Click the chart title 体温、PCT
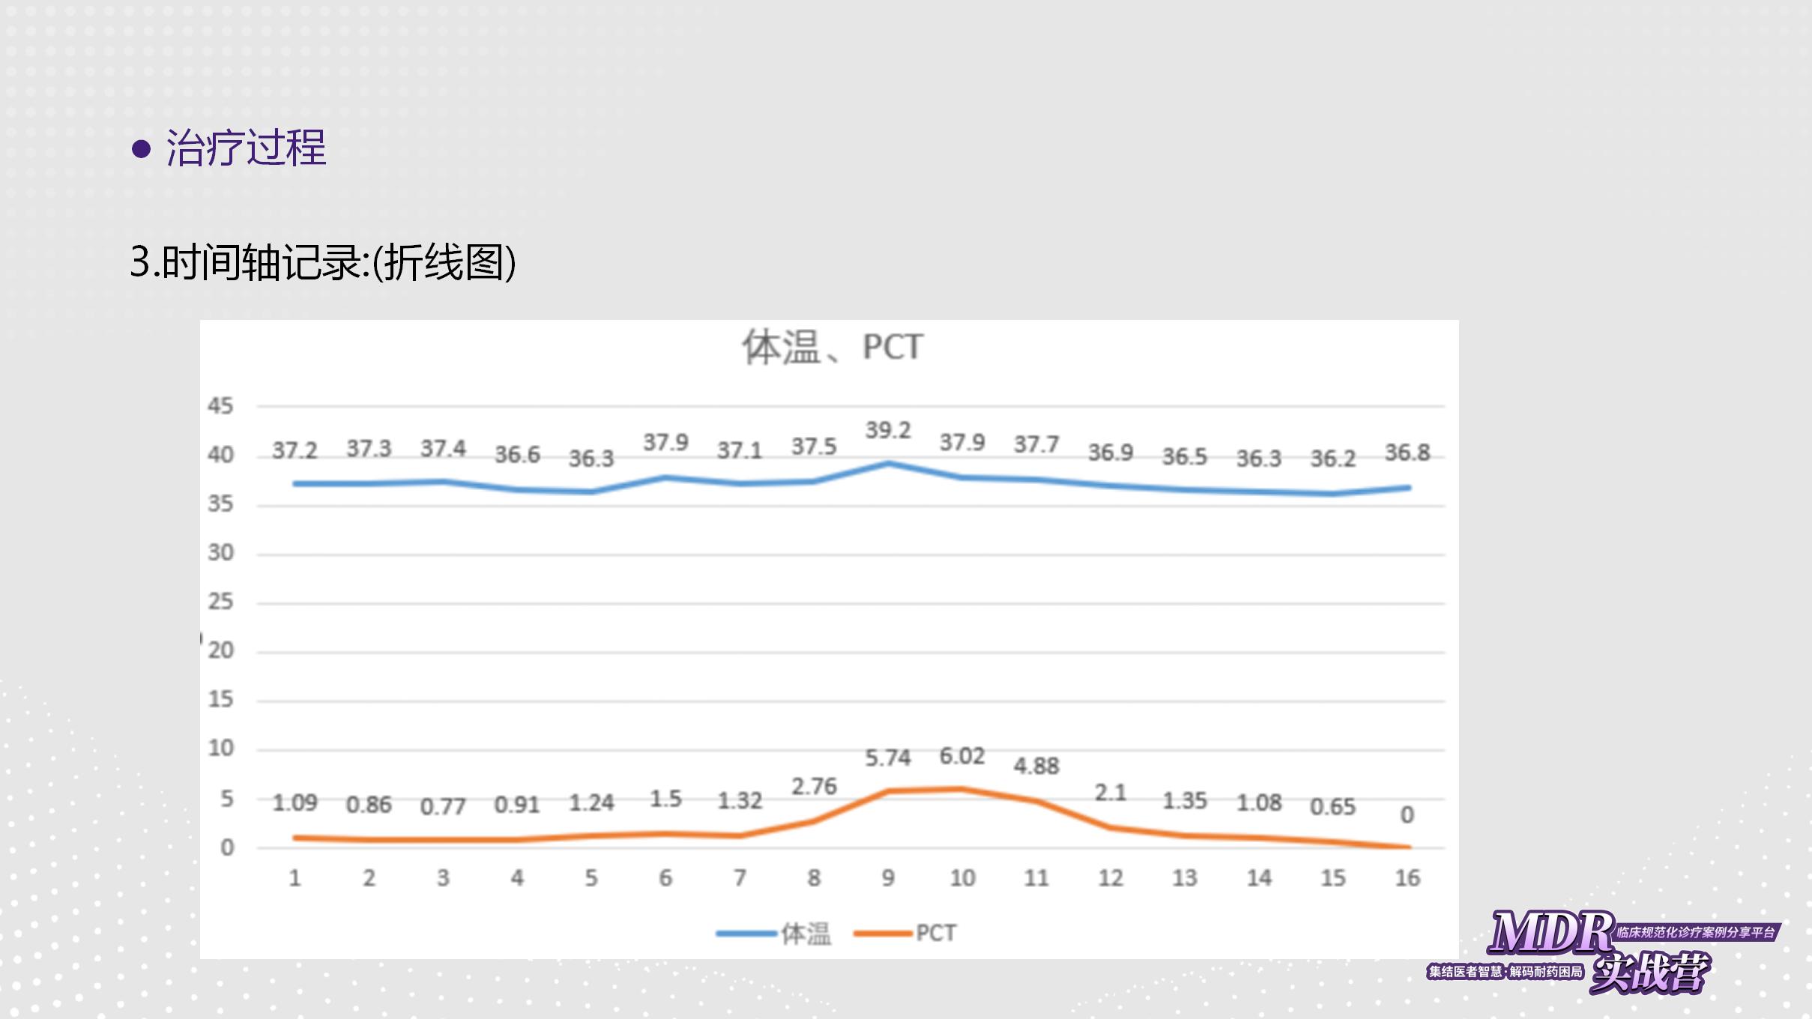(833, 348)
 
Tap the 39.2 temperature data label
(888, 431)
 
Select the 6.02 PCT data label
(962, 756)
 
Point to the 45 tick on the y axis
(220, 406)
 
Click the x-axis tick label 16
(1407, 878)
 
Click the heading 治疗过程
(246, 148)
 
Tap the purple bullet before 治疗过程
(141, 148)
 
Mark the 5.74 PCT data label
(888, 758)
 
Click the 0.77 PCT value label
(443, 807)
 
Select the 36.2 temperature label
(1332, 459)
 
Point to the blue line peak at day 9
(889, 464)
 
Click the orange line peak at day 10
(962, 789)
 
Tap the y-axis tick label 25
(220, 602)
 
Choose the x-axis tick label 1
(295, 878)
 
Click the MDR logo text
(1550, 933)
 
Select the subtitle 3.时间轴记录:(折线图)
(323, 262)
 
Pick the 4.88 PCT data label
(1036, 766)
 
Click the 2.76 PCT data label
(814, 787)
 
